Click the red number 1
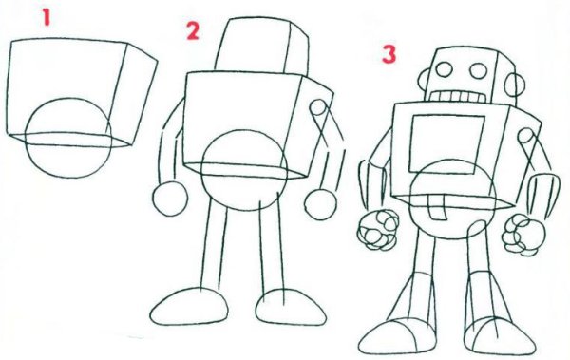pos(46,17)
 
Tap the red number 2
pos(193,31)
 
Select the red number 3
pos(389,54)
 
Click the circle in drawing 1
pos(26,138)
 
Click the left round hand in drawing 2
pos(170,199)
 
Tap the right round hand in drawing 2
pos(321,205)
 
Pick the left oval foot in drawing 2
pos(189,306)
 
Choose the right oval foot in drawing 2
pos(291,307)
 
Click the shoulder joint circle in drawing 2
pos(318,107)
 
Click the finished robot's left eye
pos(444,69)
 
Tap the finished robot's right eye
pos(479,70)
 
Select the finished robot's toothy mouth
pos(457,97)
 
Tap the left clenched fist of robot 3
pos(379,230)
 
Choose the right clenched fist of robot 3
pos(523,235)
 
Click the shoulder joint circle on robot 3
pos(525,136)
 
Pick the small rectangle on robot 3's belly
pos(438,207)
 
